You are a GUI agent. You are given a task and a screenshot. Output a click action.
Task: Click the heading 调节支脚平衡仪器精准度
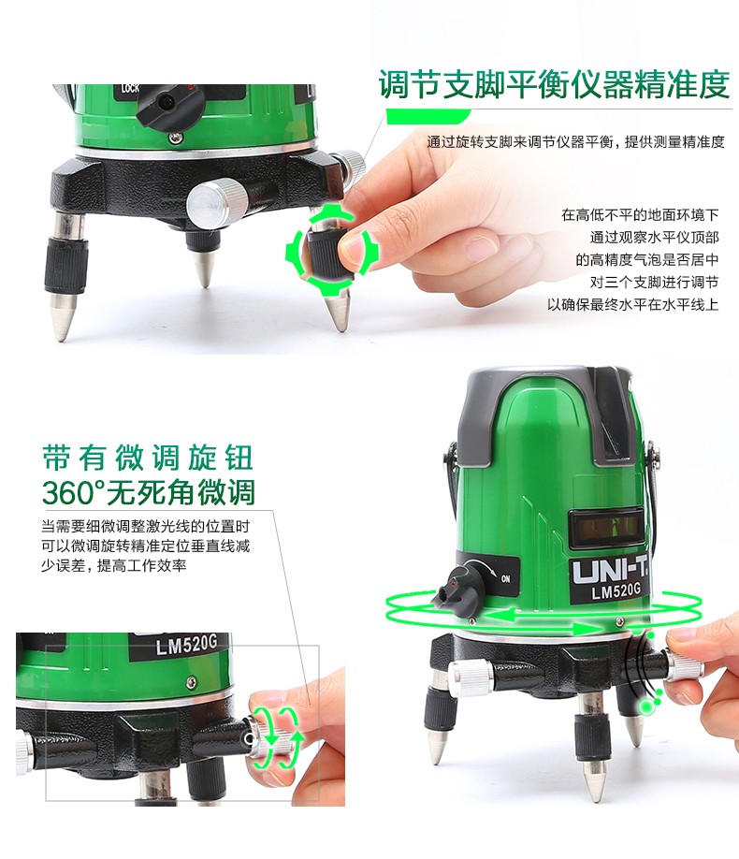pyautogui.click(x=554, y=84)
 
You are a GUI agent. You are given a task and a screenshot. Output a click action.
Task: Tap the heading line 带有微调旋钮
pyautogui.click(x=148, y=458)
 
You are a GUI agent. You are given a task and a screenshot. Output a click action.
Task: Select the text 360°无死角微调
pyautogui.click(x=149, y=492)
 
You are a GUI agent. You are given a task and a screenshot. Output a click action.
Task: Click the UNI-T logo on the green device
pyautogui.click(x=610, y=570)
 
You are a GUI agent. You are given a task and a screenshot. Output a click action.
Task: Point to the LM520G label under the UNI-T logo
pyautogui.click(x=616, y=590)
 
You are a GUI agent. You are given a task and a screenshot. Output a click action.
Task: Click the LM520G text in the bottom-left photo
pyautogui.click(x=186, y=645)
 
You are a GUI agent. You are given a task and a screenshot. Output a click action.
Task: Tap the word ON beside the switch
pyautogui.click(x=506, y=578)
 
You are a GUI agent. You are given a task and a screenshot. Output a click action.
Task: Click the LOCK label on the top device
pyautogui.click(x=130, y=88)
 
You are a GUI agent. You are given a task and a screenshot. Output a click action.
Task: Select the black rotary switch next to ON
pyautogui.click(x=458, y=590)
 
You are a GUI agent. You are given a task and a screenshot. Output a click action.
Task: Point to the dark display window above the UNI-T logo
pyautogui.click(x=606, y=528)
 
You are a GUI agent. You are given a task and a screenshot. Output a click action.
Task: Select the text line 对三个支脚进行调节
pyautogui.click(x=654, y=283)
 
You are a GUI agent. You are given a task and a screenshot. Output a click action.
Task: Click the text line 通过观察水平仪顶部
pyautogui.click(x=654, y=238)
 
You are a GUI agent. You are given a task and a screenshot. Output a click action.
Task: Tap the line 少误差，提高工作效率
pyautogui.click(x=114, y=565)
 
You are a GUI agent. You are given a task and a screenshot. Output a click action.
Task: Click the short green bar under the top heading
pyautogui.click(x=428, y=116)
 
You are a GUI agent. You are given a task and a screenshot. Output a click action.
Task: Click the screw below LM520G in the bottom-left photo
pyautogui.click(x=191, y=682)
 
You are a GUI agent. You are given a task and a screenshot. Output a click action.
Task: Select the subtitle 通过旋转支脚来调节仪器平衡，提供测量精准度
pyautogui.click(x=575, y=142)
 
